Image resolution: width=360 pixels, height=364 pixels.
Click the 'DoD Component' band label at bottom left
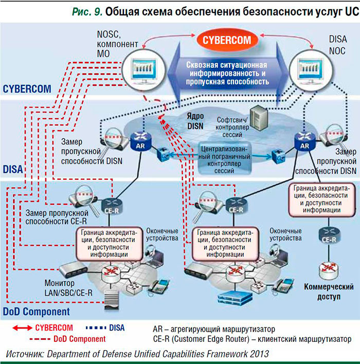pos(36,312)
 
